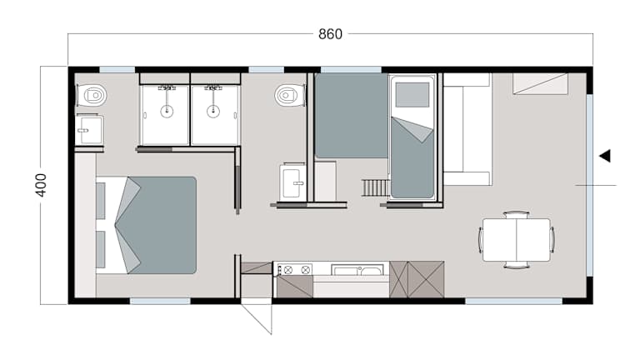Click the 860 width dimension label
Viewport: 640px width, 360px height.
point(330,34)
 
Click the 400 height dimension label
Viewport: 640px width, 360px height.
point(41,185)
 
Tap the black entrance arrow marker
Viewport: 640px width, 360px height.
point(605,156)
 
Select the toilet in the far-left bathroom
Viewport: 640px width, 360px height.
point(92,96)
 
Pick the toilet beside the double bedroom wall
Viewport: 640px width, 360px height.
point(289,96)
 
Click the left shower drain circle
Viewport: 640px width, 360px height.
point(167,111)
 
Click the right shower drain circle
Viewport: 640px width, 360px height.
point(213,111)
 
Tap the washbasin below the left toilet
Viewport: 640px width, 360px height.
point(89,130)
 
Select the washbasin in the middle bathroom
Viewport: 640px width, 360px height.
point(292,182)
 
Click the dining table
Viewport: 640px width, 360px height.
point(517,240)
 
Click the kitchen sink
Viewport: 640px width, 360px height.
point(357,270)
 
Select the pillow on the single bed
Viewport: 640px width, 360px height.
point(412,95)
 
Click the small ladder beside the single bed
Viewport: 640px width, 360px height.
point(375,187)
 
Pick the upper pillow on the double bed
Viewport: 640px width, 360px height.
point(100,201)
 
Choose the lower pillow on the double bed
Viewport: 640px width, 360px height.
point(100,249)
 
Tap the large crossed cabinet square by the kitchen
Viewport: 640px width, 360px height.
point(426,280)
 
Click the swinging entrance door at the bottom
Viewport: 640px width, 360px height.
point(257,318)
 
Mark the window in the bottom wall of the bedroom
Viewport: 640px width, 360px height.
point(160,301)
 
